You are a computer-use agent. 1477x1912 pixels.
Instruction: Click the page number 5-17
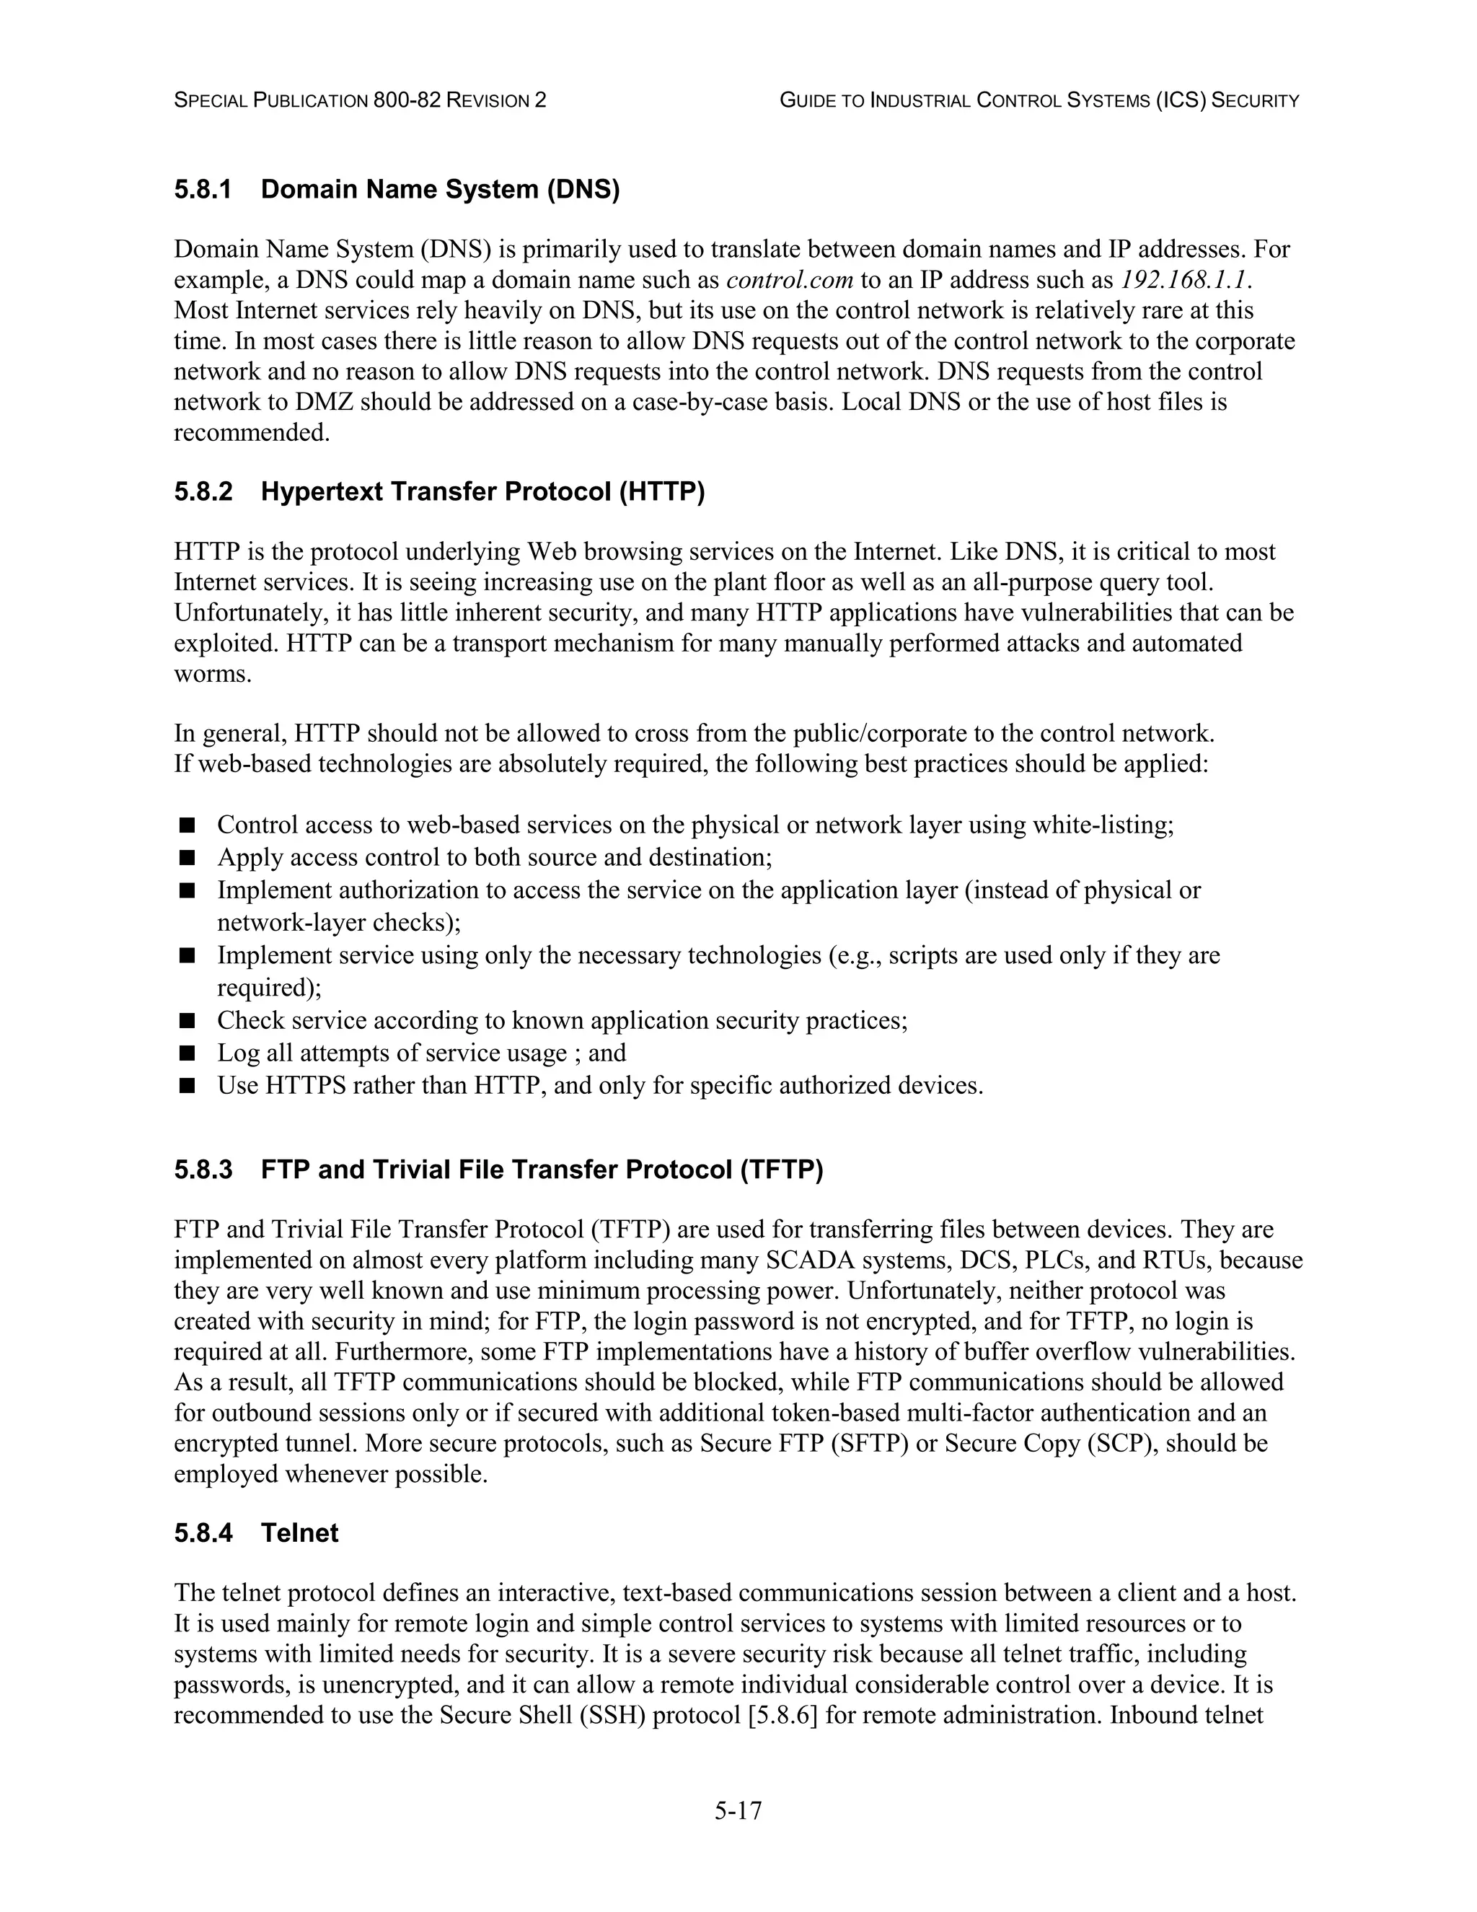coord(738,1810)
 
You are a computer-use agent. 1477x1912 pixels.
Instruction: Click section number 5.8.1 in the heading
coord(203,189)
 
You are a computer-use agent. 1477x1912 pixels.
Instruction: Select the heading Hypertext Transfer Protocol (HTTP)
coord(482,492)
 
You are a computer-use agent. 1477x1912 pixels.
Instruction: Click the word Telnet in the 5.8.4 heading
coord(299,1533)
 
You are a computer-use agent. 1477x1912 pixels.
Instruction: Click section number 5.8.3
coord(203,1170)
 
